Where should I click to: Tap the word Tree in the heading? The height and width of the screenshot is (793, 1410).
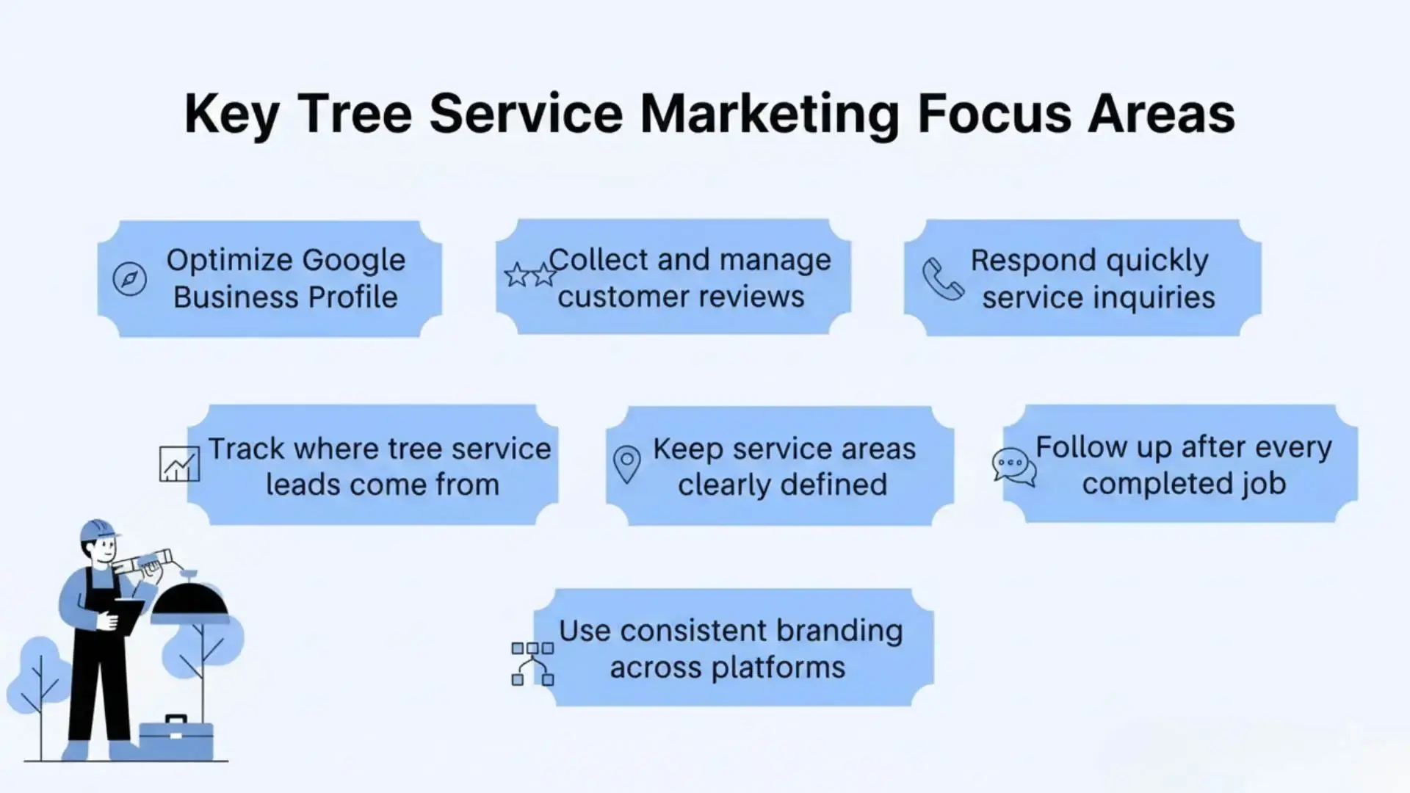[x=355, y=114]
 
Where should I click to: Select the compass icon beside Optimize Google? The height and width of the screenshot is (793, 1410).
[x=130, y=279]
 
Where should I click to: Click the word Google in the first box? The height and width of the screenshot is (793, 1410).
[x=353, y=260]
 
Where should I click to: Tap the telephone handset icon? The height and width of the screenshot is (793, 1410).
[x=943, y=279]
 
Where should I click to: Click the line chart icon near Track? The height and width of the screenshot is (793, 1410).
[x=179, y=464]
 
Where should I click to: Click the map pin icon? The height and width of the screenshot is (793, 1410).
[x=626, y=464]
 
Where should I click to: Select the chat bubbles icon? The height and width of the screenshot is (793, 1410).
[x=1013, y=466]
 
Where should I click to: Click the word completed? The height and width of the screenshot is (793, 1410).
[x=1159, y=484]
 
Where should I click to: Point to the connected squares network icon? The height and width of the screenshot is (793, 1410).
[x=532, y=664]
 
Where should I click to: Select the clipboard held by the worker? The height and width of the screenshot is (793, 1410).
[x=129, y=615]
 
